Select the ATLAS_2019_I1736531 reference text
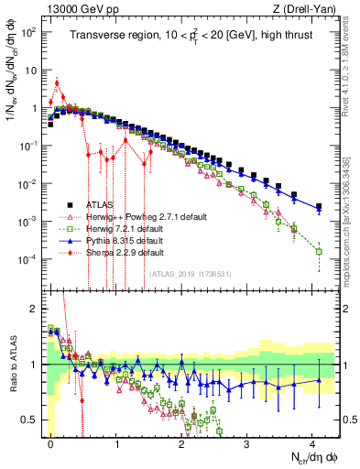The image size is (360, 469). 190,273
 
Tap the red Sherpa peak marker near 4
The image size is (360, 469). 57,83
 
